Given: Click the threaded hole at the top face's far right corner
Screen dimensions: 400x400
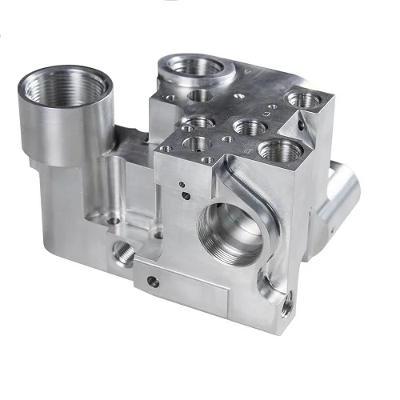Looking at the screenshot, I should pyautogui.click(x=304, y=100).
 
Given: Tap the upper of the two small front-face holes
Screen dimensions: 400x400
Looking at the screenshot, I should pyautogui.click(x=183, y=186).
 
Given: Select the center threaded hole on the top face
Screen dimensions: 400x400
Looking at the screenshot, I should pyautogui.click(x=245, y=126).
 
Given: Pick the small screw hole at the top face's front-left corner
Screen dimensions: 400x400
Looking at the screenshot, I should pyautogui.click(x=165, y=149).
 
